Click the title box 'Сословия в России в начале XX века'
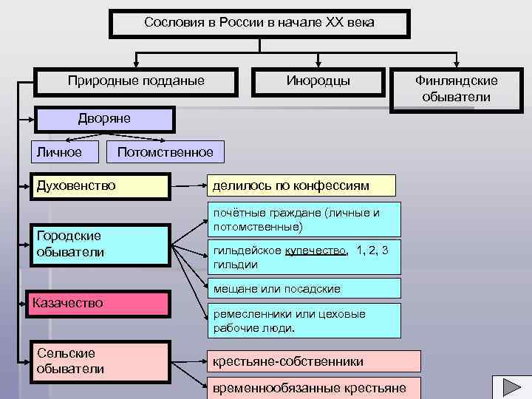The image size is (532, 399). [x=259, y=22]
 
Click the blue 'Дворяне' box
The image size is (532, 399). [x=104, y=118]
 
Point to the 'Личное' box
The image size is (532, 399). [x=66, y=151]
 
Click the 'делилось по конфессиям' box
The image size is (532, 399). [x=301, y=185]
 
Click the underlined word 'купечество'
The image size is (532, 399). [x=316, y=250]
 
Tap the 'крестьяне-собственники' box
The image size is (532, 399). [x=314, y=361]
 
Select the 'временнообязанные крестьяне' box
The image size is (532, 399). [x=314, y=388]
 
